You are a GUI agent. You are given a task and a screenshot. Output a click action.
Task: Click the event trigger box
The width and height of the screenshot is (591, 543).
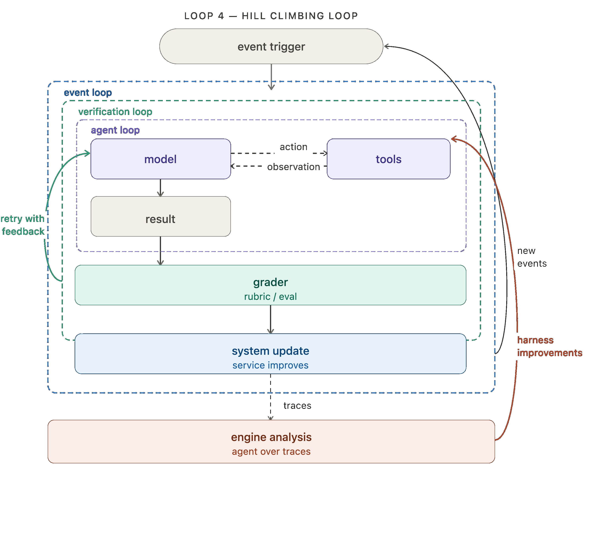[x=271, y=46]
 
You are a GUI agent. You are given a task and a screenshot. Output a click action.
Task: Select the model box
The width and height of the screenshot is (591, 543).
[x=161, y=159]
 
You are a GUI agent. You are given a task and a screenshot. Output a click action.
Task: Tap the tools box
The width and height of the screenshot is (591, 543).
[x=389, y=159]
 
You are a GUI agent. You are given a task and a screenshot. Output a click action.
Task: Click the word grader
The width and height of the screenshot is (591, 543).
[x=271, y=282]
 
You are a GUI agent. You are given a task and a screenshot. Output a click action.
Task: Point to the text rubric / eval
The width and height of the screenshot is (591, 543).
[x=271, y=296]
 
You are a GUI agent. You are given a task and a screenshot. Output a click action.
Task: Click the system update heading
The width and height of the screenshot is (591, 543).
[x=271, y=351]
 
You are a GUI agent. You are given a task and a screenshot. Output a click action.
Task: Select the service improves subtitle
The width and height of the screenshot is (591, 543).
[x=271, y=365]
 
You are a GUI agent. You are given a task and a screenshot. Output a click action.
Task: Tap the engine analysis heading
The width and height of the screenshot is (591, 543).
[x=271, y=437]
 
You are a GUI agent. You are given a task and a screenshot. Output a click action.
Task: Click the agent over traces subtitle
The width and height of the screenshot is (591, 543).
[x=271, y=452]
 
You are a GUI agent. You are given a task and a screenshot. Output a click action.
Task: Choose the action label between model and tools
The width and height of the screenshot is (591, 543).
[x=294, y=147]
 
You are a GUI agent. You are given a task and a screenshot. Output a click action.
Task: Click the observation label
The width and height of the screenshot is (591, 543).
[x=294, y=167]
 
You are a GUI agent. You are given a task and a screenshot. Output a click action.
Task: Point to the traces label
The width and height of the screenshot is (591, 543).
[x=297, y=406]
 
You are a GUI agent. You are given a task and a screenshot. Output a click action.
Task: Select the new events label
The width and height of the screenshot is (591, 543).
[x=532, y=257]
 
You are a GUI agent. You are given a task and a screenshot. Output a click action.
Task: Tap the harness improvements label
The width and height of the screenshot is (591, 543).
[x=549, y=346]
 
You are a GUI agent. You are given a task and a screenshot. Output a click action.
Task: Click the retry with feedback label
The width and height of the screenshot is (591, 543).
[x=23, y=225]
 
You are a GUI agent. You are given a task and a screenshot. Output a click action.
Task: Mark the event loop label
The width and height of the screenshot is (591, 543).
[x=88, y=93]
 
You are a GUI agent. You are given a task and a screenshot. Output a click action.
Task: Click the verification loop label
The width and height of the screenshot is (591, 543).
[x=115, y=112]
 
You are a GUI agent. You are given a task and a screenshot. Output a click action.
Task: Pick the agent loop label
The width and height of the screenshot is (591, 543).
[x=115, y=130]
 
